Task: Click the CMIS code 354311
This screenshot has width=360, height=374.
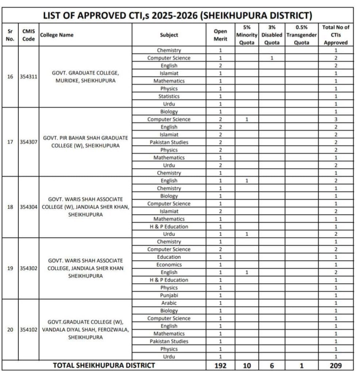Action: [x=28, y=77]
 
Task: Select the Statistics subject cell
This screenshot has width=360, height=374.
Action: [x=169, y=96]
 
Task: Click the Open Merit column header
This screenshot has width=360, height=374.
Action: [x=220, y=35]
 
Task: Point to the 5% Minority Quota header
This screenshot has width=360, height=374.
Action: [x=246, y=35]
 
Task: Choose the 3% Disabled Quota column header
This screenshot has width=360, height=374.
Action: [x=272, y=35]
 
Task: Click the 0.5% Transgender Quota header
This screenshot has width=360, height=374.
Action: [x=301, y=35]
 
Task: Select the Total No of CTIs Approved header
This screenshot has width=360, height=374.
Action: [x=336, y=35]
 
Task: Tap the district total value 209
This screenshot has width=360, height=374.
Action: [x=336, y=365]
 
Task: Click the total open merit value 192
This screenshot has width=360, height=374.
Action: [x=220, y=365]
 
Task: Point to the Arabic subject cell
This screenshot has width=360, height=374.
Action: [x=169, y=303]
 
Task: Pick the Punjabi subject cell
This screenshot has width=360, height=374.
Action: [x=169, y=295]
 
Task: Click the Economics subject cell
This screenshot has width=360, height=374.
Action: [x=169, y=265]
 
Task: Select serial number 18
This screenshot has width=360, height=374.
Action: [x=10, y=207]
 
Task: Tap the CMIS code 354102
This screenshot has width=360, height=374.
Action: [x=28, y=330]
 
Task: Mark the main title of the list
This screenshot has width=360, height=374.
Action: [x=177, y=16]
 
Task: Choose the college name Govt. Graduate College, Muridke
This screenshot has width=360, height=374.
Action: [x=85, y=77]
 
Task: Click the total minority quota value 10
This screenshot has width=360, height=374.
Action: [x=246, y=365]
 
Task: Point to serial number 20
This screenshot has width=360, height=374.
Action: [x=10, y=330]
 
